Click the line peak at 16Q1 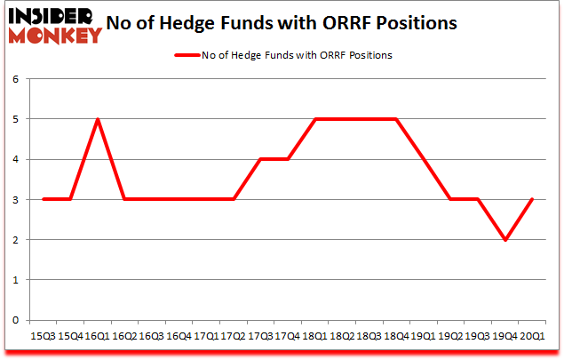click(x=98, y=119)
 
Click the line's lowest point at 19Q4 click(x=504, y=240)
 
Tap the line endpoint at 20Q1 click(x=532, y=200)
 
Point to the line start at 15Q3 click(x=44, y=200)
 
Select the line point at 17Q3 click(x=260, y=159)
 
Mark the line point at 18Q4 click(x=396, y=119)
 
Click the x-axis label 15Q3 click(x=44, y=336)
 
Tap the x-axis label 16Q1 click(x=98, y=336)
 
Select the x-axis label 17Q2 click(x=234, y=336)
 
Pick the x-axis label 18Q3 click(x=369, y=336)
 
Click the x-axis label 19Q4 click(x=504, y=336)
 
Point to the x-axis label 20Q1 click(x=532, y=336)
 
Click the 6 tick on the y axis click(x=16, y=79)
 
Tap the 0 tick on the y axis click(x=16, y=320)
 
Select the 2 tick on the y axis click(x=16, y=240)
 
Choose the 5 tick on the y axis click(x=16, y=119)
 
